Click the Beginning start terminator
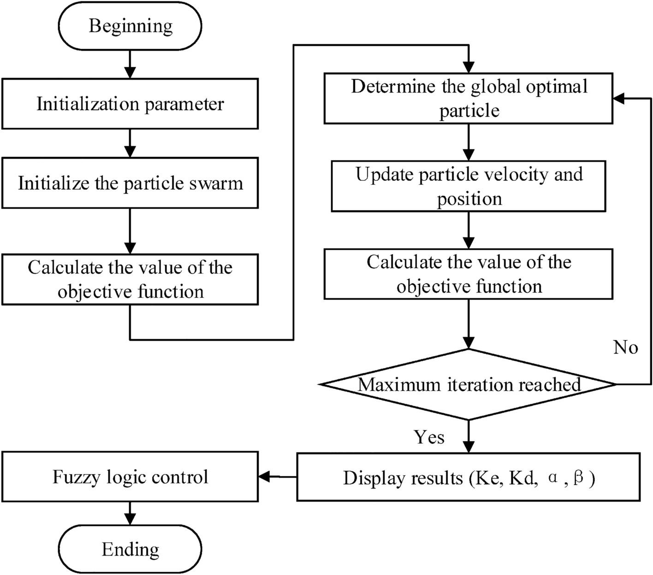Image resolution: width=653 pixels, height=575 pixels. coord(131,26)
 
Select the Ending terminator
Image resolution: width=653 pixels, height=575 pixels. coord(131,550)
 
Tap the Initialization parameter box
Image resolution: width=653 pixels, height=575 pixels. coord(130,104)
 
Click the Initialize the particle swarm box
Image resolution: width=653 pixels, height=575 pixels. coord(130,183)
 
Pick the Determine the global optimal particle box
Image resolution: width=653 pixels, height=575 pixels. coord(469,99)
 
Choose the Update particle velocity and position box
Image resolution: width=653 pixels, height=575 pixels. coord(469,186)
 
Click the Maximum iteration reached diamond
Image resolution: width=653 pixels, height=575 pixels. coord(469,384)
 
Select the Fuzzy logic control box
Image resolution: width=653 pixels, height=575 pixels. coord(130,477)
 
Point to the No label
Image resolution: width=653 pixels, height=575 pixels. coord(625,347)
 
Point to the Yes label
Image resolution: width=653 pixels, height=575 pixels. coord(429,437)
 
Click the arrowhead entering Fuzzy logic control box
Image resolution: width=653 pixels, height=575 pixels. coord(265,477)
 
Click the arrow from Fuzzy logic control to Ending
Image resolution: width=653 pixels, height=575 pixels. coord(131,513)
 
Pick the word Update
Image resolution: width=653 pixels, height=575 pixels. coord(385,175)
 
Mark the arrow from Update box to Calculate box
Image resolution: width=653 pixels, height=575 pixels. coord(469,231)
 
